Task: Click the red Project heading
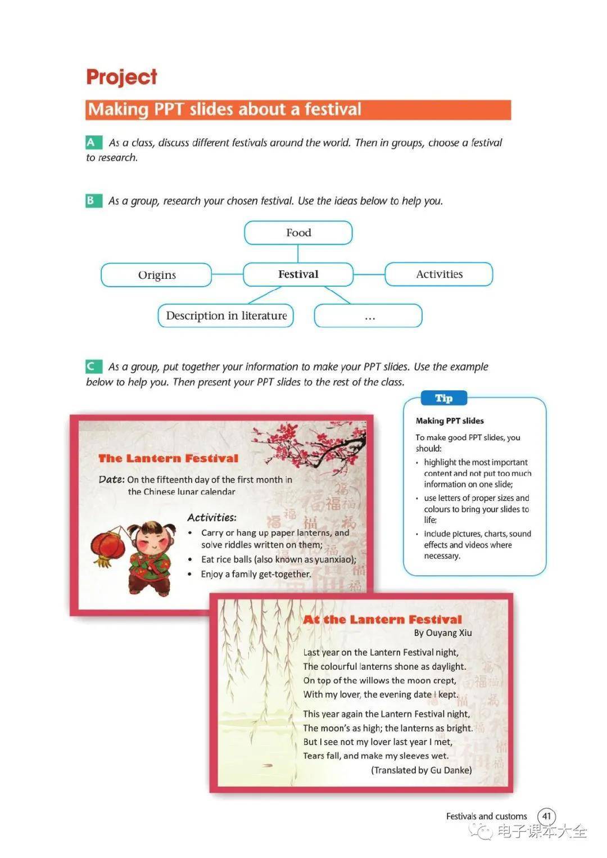(x=121, y=77)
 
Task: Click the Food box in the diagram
(x=298, y=233)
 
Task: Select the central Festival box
(x=298, y=274)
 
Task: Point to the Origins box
(x=157, y=275)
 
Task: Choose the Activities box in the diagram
(x=439, y=274)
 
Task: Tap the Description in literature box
(x=226, y=316)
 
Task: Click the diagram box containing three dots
(x=368, y=316)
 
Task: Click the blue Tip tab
(x=443, y=398)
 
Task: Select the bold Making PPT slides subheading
(x=450, y=421)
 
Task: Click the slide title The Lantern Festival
(x=168, y=458)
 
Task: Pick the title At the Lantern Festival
(x=382, y=620)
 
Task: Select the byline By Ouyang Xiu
(x=443, y=633)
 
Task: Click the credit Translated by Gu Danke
(x=422, y=770)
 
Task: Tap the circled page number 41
(x=546, y=816)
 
